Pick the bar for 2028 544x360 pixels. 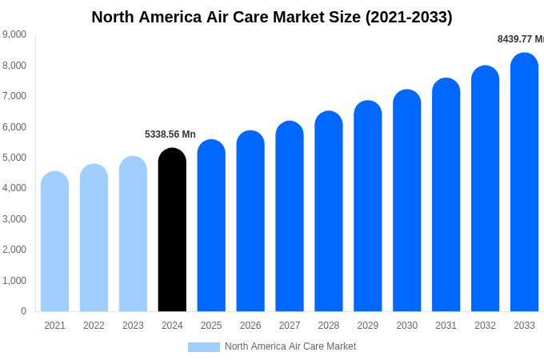(329, 211)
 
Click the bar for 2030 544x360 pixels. (406, 201)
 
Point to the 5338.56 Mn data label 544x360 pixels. (170, 134)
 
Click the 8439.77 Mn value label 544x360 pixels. (521, 39)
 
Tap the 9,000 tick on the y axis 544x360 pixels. (14, 34)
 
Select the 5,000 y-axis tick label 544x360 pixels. (14, 158)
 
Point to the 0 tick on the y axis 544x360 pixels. (23, 311)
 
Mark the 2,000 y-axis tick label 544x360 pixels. (14, 250)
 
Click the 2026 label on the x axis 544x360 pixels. (250, 326)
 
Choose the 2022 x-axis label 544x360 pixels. (94, 326)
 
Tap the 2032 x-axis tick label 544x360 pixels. (485, 326)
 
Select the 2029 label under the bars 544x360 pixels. (368, 326)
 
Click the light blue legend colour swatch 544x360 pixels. (204, 347)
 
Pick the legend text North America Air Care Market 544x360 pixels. (290, 346)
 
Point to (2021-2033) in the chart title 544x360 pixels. (409, 17)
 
